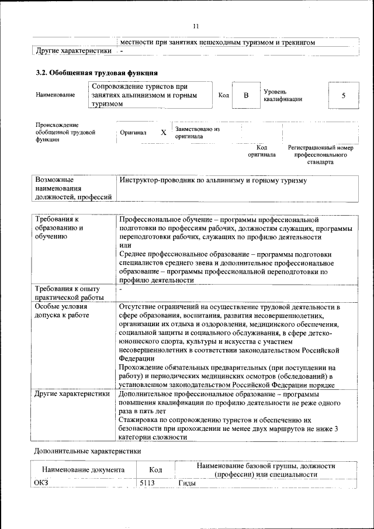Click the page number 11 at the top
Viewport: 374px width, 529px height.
click(x=196, y=26)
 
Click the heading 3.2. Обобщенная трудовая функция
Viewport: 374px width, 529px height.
click(x=96, y=73)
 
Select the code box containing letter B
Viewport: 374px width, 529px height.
click(x=246, y=95)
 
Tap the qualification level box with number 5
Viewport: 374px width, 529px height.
click(x=343, y=95)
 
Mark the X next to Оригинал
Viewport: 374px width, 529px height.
click(x=163, y=133)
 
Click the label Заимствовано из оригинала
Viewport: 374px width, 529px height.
click(x=197, y=132)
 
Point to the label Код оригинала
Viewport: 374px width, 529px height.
click(x=261, y=151)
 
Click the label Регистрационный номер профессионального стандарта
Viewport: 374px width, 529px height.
click(x=320, y=155)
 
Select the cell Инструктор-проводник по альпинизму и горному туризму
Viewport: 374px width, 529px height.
click(x=213, y=181)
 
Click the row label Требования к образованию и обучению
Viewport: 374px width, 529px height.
click(x=59, y=227)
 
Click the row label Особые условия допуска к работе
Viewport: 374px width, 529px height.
click(x=61, y=310)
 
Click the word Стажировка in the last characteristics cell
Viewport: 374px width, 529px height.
click(x=138, y=420)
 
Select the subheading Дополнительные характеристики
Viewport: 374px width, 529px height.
click(x=87, y=451)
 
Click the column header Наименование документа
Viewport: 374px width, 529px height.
click(x=83, y=469)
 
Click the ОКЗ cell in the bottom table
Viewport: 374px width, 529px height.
click(x=41, y=483)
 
